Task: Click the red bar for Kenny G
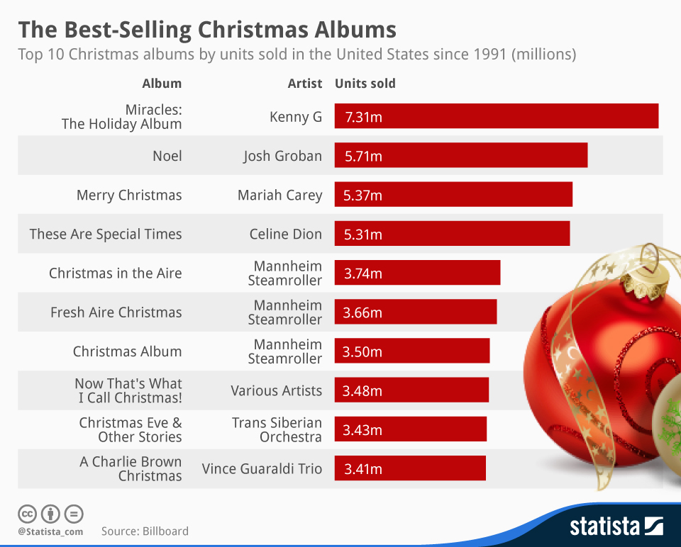click(497, 116)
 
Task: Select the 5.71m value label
click(362, 156)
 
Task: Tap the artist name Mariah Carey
click(279, 195)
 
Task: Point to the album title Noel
click(167, 156)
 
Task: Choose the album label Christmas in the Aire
click(115, 273)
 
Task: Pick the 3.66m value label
click(362, 312)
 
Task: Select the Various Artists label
click(276, 390)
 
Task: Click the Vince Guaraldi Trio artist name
click(262, 468)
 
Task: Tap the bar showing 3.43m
click(411, 429)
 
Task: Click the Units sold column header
click(365, 83)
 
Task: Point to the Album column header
click(162, 83)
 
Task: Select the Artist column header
click(304, 83)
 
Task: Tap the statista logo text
click(604, 526)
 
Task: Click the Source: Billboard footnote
click(145, 531)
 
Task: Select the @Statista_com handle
click(50, 531)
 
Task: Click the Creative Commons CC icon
click(28, 514)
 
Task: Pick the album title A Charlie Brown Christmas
click(131, 468)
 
